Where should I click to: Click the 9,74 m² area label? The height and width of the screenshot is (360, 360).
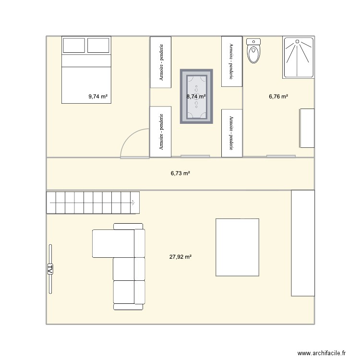tap(97, 96)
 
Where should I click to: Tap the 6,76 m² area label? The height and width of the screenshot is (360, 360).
tap(278, 96)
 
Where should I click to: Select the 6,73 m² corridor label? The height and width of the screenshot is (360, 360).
tap(180, 174)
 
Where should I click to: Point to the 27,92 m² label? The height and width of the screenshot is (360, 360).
tap(180, 257)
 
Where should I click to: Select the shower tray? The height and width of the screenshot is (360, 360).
tap(299, 58)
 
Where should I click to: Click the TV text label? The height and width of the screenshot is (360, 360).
tap(49, 269)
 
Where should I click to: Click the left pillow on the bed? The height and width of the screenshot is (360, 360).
tap(74, 46)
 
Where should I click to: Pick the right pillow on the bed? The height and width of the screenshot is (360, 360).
tap(99, 46)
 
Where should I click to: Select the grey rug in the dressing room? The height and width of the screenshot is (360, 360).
tap(196, 96)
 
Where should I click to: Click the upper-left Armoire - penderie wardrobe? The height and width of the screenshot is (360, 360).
tap(162, 62)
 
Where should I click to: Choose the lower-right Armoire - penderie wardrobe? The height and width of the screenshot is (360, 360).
tap(232, 133)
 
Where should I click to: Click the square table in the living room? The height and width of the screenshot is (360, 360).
tap(237, 247)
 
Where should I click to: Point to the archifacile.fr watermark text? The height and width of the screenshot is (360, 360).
tap(323, 352)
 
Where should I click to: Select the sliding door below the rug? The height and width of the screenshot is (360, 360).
tap(195, 156)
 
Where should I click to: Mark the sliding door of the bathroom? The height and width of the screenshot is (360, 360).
tap(281, 156)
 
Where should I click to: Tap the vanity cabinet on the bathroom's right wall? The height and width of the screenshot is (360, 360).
tap(307, 128)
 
